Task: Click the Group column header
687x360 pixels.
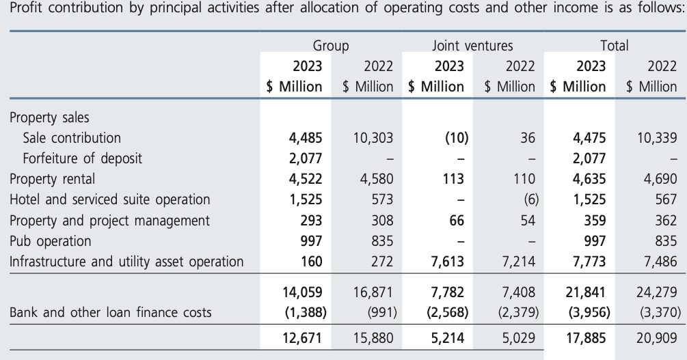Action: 331,46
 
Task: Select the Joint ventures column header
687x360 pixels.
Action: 472,46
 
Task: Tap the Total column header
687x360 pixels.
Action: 614,46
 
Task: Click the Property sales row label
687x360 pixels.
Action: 49,117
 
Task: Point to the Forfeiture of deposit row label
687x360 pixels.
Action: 82,158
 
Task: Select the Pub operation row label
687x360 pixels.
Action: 50,240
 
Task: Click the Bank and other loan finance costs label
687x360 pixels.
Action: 111,313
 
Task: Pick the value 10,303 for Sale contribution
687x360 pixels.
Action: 373,138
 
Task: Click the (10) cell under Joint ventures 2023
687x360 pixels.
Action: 455,138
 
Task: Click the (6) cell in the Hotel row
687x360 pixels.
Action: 530,199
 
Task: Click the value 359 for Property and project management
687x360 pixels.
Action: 593,220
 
